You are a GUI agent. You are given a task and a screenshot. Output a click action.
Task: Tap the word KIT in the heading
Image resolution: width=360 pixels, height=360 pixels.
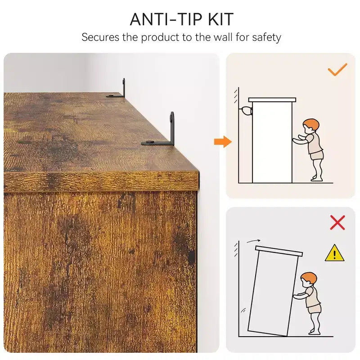(x=221, y=19)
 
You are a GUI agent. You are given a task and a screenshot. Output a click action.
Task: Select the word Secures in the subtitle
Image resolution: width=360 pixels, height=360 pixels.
(x=100, y=37)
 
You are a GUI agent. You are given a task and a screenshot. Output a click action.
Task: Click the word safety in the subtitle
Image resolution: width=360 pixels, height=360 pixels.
(x=266, y=38)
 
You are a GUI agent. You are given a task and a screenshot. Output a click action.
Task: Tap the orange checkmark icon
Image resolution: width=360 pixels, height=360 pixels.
(x=337, y=69)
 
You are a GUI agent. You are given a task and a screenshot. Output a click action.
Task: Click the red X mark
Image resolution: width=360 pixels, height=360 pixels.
(x=337, y=222)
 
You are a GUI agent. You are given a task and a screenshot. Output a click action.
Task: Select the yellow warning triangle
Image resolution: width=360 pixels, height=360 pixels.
(x=334, y=253)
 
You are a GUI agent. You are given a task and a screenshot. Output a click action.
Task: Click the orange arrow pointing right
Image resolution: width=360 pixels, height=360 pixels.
(x=223, y=142)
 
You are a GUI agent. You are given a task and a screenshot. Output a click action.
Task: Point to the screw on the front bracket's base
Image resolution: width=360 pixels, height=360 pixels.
(x=150, y=142)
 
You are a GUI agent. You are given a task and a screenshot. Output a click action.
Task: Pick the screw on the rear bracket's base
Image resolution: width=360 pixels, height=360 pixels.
(x=111, y=95)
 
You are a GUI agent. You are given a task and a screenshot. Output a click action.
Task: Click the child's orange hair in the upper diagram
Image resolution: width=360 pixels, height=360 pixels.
(x=312, y=125)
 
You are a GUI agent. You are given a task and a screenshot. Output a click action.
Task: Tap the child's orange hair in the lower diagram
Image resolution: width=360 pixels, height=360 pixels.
(x=310, y=278)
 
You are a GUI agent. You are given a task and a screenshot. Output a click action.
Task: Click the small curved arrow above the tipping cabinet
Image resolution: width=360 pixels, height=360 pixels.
(x=253, y=241)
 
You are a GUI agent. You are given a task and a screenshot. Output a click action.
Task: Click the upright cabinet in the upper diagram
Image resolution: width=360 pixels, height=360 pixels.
(x=272, y=140)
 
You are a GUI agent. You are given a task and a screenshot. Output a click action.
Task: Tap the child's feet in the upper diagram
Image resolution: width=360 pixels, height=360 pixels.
(x=316, y=178)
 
